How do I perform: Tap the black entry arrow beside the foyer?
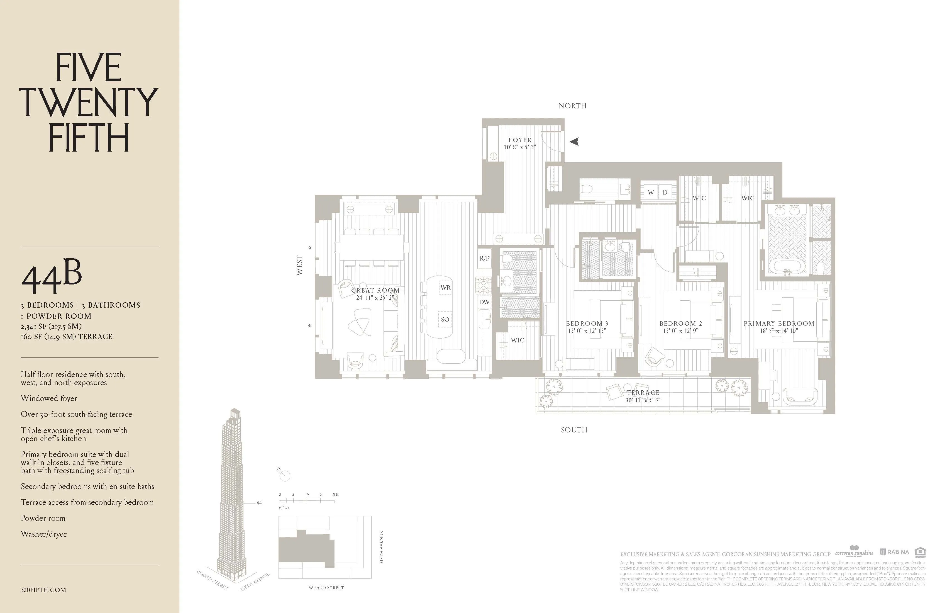pos(574,141)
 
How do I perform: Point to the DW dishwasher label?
pos(484,302)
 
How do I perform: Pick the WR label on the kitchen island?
pos(445,287)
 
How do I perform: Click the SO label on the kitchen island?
pos(445,319)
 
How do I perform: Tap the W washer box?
pos(651,192)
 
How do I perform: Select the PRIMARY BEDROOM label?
pos(779,323)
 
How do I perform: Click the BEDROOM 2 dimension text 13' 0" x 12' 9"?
pos(680,331)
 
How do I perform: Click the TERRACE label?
pos(643,393)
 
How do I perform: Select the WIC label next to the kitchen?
pos(518,340)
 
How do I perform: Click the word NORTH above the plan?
pos(572,106)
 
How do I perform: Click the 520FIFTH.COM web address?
pos(43,590)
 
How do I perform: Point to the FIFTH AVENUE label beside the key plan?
pos(381,547)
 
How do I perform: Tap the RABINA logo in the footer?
pos(894,552)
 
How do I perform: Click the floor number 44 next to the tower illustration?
pos(259,503)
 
